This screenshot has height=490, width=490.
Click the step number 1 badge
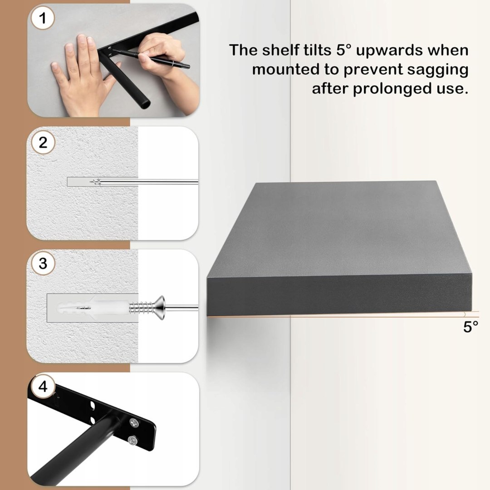pos(43,18)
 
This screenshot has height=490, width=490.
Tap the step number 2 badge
pos(43,142)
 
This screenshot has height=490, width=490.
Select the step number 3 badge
pos(43,263)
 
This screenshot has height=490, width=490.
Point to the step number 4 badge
pos(43,386)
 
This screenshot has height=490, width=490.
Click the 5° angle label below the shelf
pos(470,327)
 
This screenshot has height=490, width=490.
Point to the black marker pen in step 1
pos(151,58)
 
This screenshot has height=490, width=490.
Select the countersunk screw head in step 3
pos(160,308)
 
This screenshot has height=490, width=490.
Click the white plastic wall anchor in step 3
pos(94,308)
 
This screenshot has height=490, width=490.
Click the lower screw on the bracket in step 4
pos(132,441)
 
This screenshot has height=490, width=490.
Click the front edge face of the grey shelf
pos(339,295)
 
